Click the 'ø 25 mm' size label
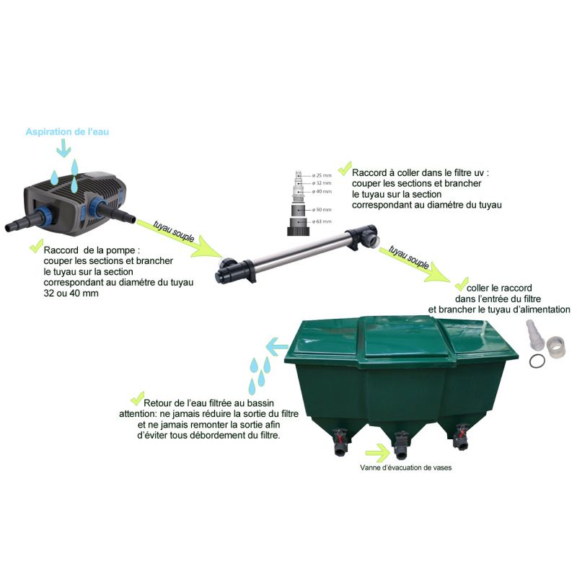(x=322, y=175)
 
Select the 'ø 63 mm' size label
(x=322, y=221)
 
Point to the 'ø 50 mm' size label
(x=322, y=208)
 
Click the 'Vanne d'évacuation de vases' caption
(x=406, y=467)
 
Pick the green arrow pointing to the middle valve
(x=376, y=453)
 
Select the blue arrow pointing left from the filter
(x=276, y=347)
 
